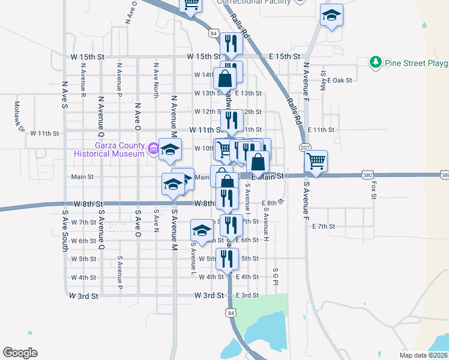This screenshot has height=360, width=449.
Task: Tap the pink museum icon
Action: point(153,148)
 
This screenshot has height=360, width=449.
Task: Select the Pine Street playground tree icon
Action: point(376,62)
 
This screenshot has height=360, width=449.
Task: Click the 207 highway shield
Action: point(304,148)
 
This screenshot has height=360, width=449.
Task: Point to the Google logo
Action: point(20,353)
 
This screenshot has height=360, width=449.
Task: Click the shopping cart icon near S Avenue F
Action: point(316,160)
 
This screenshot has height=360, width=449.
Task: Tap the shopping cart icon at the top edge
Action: point(191,5)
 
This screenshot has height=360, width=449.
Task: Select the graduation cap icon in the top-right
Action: point(331,16)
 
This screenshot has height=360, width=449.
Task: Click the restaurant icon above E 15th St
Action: point(231,43)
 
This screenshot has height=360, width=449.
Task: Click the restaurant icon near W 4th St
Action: point(227,259)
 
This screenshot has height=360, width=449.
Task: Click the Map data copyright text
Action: point(423,354)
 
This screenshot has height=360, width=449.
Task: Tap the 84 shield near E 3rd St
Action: point(231,312)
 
